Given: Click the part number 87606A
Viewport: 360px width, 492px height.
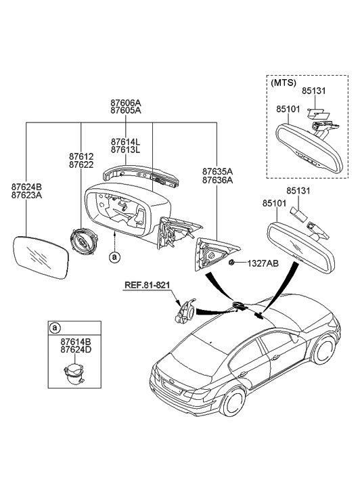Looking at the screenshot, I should coord(126,104).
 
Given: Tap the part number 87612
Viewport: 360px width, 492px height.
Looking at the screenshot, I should coord(81,156).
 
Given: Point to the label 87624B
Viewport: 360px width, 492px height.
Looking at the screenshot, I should coord(26,186).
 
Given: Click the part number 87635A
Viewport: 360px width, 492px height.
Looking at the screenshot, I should coord(217,171).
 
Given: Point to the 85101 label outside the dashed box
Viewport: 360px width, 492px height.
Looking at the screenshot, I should coord(275,202).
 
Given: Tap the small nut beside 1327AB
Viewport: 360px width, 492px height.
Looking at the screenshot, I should coord(232,262).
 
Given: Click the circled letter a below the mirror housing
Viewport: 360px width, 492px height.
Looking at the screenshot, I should coord(114,256).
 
